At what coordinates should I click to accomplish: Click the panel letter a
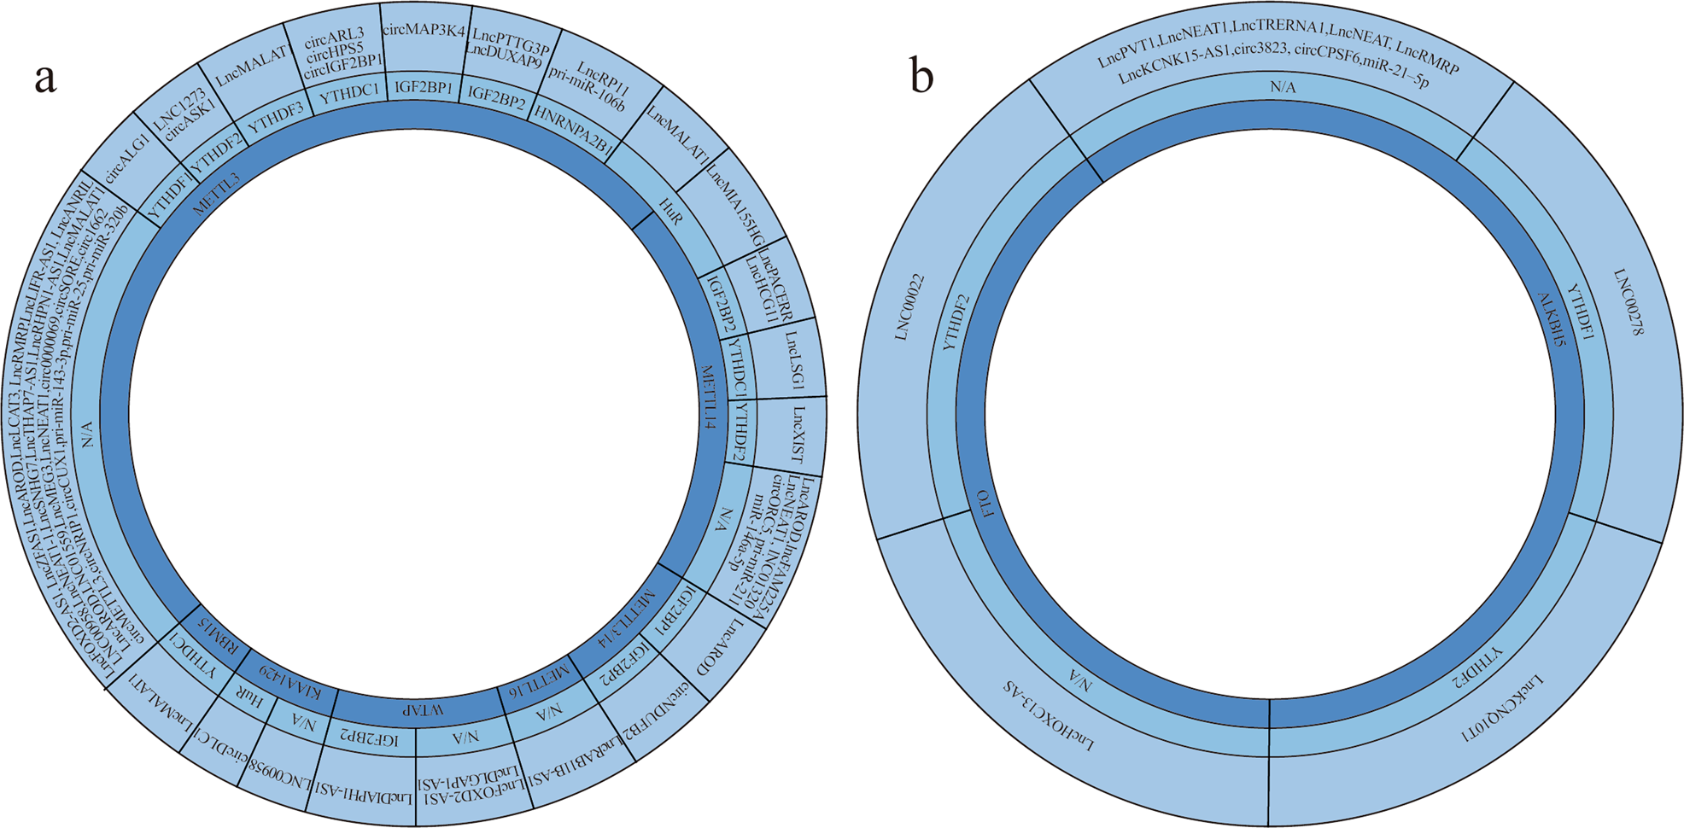point(45,78)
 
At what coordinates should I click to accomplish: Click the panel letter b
point(921,78)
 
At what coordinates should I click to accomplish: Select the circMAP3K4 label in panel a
point(424,31)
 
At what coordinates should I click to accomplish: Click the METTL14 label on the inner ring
point(707,397)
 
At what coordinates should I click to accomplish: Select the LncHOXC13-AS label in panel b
point(1049,715)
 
